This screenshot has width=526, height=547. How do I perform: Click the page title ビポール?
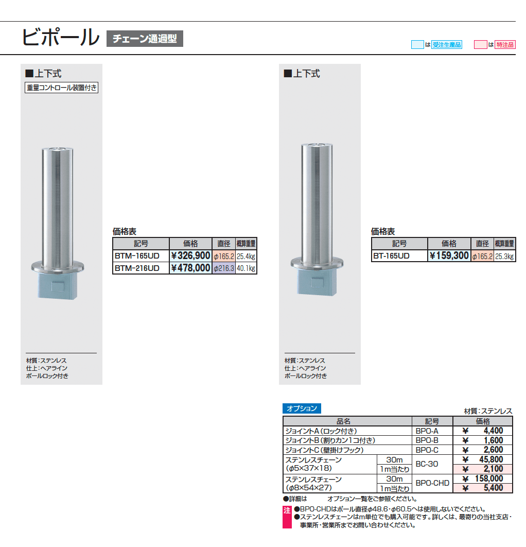[x=60, y=37]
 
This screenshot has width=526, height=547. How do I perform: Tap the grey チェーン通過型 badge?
[x=145, y=39]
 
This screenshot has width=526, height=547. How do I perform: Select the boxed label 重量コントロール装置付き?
[x=61, y=88]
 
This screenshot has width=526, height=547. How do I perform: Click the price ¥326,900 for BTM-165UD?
[x=190, y=255]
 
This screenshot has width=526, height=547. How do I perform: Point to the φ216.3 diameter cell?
[x=224, y=268]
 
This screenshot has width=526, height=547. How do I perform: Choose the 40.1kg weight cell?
[x=246, y=268]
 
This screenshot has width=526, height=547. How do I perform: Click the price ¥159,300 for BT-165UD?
[x=449, y=255]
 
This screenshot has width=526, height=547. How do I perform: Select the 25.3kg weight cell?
[x=504, y=255]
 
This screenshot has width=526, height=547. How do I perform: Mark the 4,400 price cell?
[x=483, y=431]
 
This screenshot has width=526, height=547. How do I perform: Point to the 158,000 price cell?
[x=483, y=479]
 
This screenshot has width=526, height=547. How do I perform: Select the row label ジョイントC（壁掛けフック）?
[x=324, y=450]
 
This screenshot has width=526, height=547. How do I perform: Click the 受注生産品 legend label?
[x=447, y=45]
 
